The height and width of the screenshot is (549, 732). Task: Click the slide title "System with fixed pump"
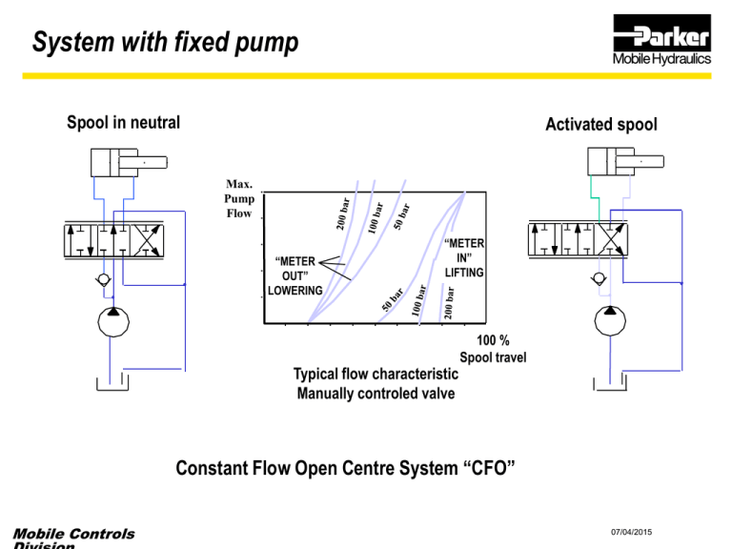[165, 43]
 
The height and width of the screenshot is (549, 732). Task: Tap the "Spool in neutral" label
[123, 122]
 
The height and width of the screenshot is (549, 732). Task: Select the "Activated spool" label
[600, 125]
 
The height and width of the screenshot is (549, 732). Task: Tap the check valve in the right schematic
[598, 279]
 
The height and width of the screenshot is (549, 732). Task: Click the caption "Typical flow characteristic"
[370, 374]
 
